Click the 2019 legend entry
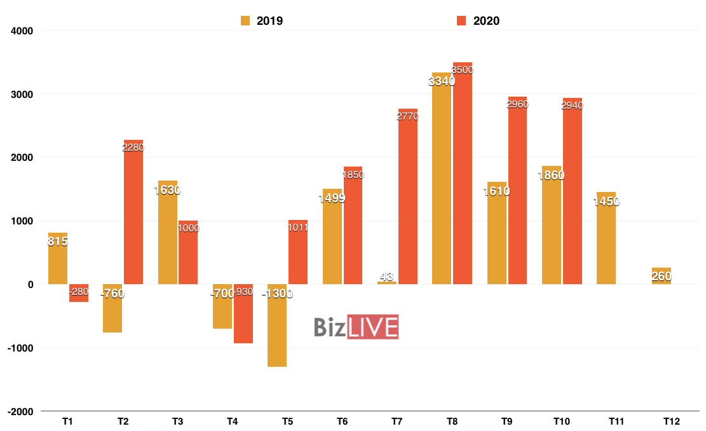click(x=262, y=21)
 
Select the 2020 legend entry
click(x=478, y=21)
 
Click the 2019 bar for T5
click(x=277, y=325)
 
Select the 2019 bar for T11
click(x=606, y=238)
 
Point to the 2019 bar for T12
click(x=661, y=276)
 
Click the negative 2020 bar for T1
click(x=79, y=293)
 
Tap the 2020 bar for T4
click(x=243, y=313)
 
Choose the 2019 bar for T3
click(x=168, y=232)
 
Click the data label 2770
click(x=408, y=116)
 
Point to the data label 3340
click(x=442, y=81)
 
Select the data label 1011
click(x=297, y=228)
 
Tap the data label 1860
click(x=551, y=175)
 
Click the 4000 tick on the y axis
click(x=22, y=31)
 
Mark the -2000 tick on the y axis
click(x=21, y=411)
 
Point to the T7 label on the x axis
click(x=397, y=421)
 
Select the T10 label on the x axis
click(x=562, y=421)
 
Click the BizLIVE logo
click(x=356, y=327)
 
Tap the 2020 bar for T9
click(x=517, y=190)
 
